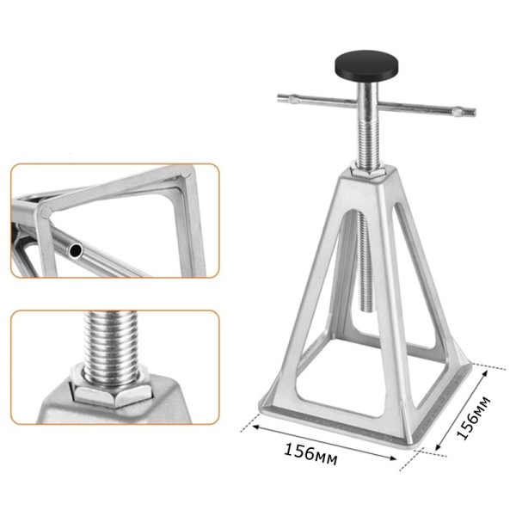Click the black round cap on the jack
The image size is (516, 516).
(x=366, y=65)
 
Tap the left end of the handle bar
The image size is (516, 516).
(x=279, y=98)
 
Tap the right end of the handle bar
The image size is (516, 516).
(x=475, y=112)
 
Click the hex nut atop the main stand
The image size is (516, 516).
(x=368, y=171)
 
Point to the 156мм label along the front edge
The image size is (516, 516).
(x=310, y=454)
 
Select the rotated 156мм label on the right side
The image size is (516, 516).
(x=474, y=418)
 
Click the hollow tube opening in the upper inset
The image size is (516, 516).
(x=77, y=251)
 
